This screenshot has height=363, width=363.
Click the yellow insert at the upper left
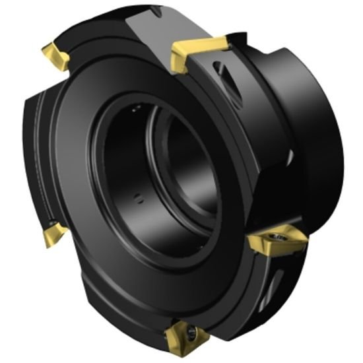(x=57, y=57)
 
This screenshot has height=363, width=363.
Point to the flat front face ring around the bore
(x=106, y=218)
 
